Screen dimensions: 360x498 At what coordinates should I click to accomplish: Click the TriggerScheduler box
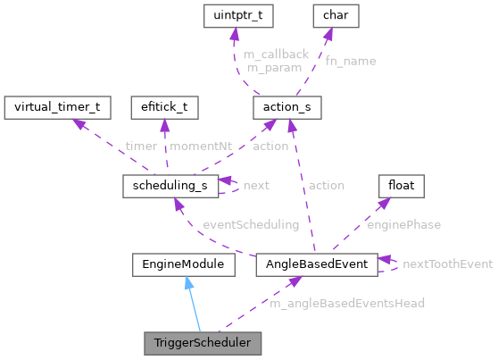coord(203,341)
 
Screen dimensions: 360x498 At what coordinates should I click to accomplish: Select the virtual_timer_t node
coord(57,108)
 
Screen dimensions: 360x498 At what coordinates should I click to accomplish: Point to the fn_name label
coord(351,61)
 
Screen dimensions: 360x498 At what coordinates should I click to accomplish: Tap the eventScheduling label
coord(251,224)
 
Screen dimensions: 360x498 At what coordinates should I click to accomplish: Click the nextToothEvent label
coord(448,264)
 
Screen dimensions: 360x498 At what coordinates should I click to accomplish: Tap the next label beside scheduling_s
coord(256,186)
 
